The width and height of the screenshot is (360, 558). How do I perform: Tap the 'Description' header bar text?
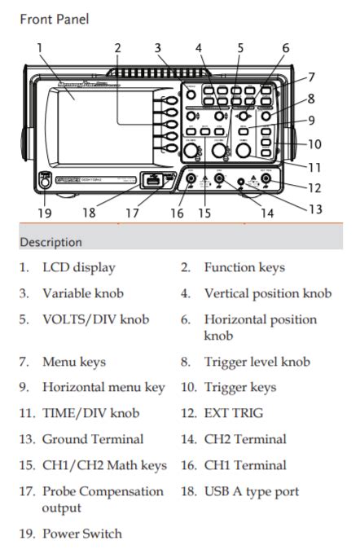click(x=50, y=242)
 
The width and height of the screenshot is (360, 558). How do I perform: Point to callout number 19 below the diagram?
click(x=44, y=213)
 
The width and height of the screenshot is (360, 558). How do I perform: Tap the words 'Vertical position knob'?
click(x=268, y=294)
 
